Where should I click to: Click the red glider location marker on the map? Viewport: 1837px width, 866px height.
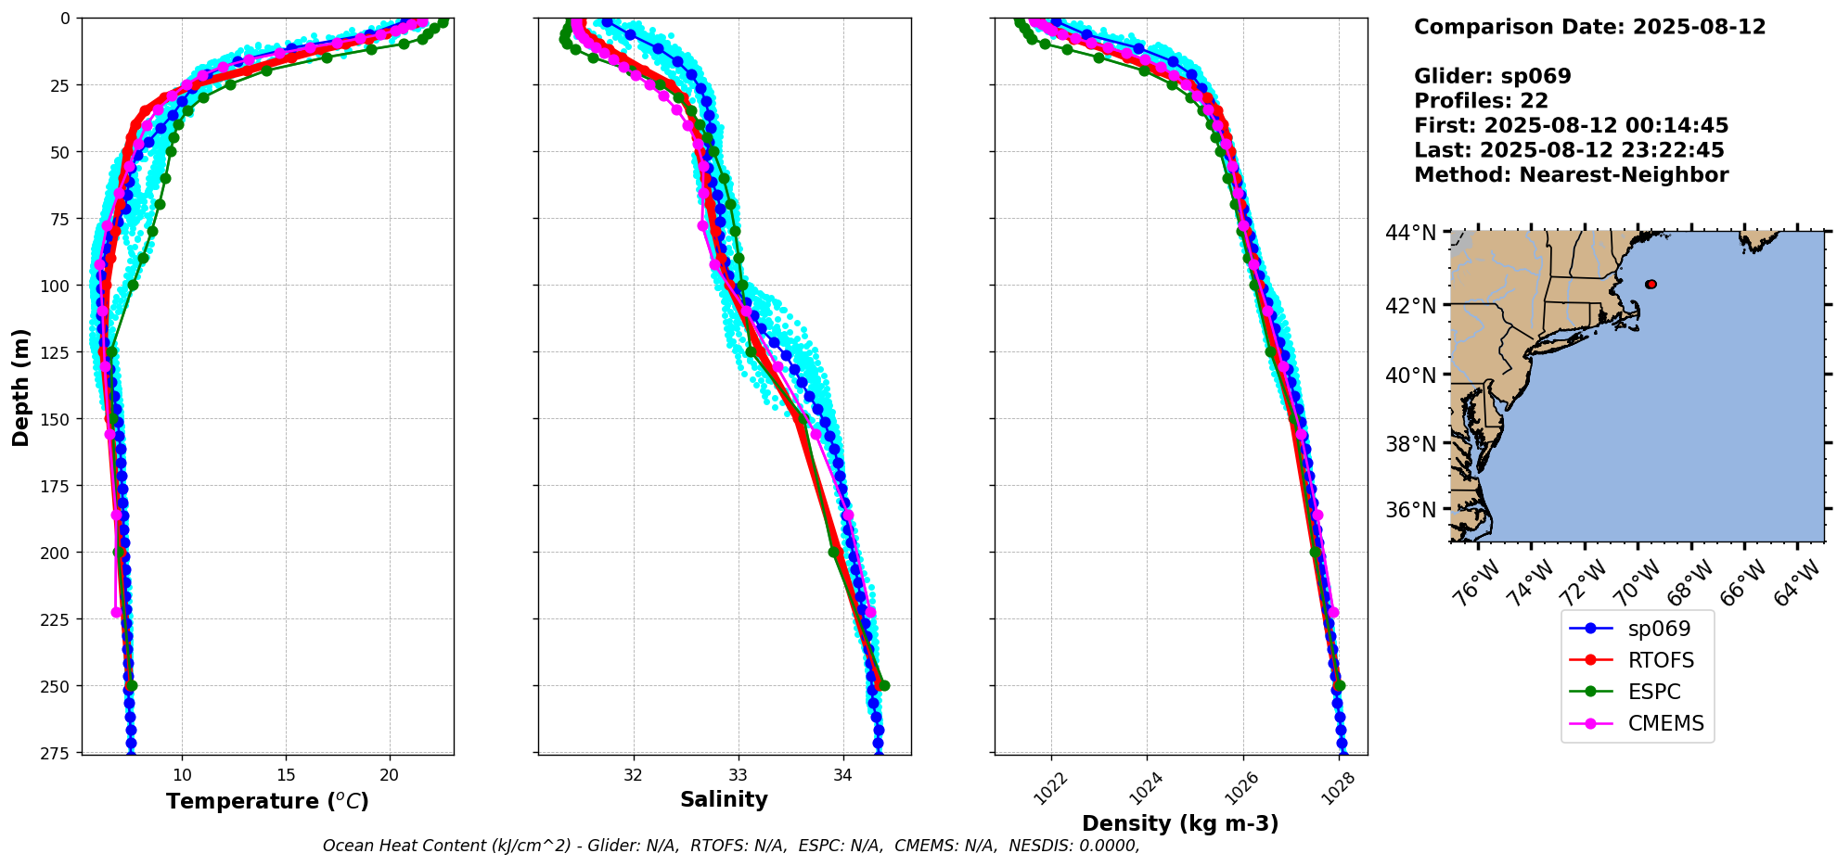[1651, 284]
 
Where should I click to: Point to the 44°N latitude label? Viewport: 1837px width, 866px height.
[1410, 232]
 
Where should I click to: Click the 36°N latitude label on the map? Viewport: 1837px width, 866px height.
[1410, 510]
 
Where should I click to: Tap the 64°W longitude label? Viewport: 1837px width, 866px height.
[1797, 583]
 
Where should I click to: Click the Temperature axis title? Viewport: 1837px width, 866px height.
[267, 801]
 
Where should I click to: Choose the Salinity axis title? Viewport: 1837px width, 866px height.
[724, 799]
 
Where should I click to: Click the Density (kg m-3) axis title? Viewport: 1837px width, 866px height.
[1180, 823]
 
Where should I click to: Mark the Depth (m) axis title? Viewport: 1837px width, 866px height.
[20, 387]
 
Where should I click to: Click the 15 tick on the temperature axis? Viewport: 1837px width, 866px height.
[286, 775]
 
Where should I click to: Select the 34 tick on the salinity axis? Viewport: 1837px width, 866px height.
[842, 775]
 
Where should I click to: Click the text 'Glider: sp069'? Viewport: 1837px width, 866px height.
[1492, 76]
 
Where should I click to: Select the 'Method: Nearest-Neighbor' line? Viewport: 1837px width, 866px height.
[1571, 174]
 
